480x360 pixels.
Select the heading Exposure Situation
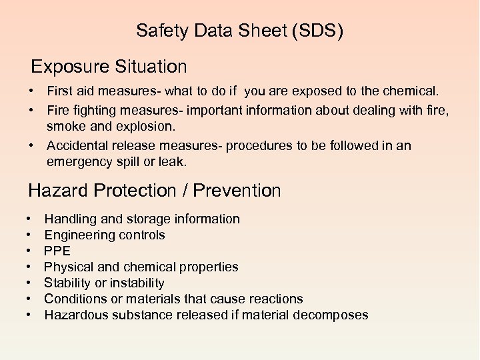109,67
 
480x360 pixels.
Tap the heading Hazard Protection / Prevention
155,191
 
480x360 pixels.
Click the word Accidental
77,146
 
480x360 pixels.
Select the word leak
169,162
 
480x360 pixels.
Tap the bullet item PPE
57,251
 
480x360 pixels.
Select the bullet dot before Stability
31,283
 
